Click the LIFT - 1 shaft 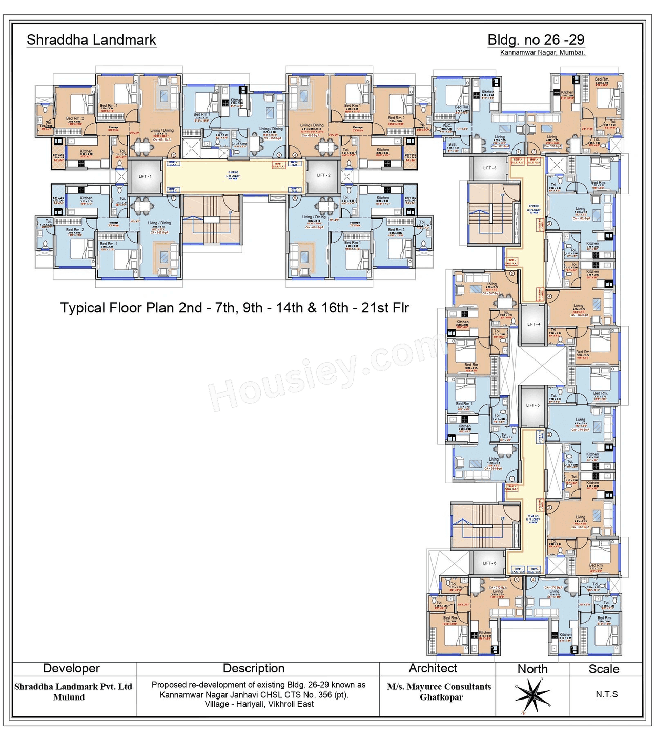coord(145,176)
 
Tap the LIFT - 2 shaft coord(323,175)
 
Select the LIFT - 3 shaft coord(489,168)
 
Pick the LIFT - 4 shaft coord(534,324)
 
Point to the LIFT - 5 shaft coord(532,405)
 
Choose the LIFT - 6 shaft coord(489,563)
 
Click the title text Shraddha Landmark coord(91,40)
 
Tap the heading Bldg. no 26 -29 coord(536,39)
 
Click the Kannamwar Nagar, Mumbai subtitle coord(542,53)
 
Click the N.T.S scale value coord(606,694)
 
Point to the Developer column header coord(71,668)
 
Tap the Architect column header coord(433,668)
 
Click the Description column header coord(254,668)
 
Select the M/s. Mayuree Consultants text coord(439,687)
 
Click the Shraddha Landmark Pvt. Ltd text coord(73,687)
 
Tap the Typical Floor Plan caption coord(234,308)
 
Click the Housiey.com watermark coord(328,372)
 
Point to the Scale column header coord(604,669)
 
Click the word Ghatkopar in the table coord(441,697)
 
